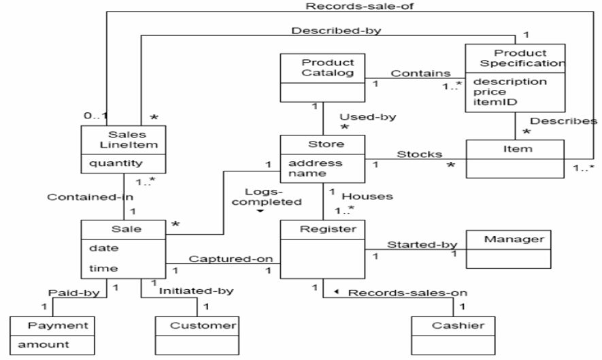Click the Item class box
click(515, 158)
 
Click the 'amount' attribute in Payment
click(43, 345)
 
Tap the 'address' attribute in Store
click(306, 163)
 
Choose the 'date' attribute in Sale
click(100, 248)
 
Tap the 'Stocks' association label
click(415, 154)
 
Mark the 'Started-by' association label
click(413, 244)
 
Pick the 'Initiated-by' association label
click(195, 291)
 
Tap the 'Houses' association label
click(367, 196)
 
